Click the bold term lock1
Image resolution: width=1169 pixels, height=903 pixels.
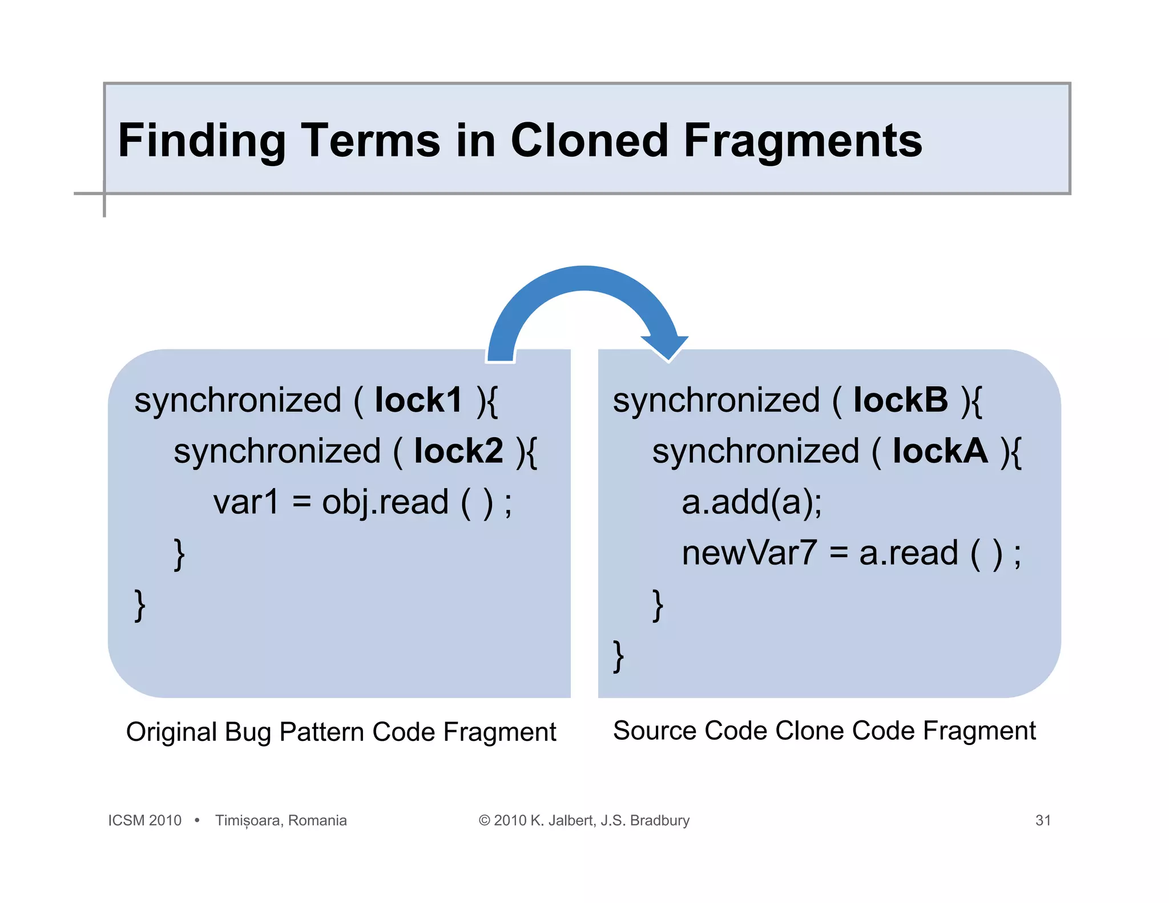pyautogui.click(x=418, y=400)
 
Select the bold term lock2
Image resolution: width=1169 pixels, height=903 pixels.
pyautogui.click(x=458, y=451)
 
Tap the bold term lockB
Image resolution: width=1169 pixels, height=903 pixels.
pyautogui.click(x=900, y=400)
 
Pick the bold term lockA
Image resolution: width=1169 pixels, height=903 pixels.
pyautogui.click(x=940, y=451)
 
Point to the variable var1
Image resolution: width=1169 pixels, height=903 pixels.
pyautogui.click(x=246, y=502)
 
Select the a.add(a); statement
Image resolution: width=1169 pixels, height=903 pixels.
pyautogui.click(x=752, y=502)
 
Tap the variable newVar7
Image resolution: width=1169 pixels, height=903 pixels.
pyautogui.click(x=749, y=553)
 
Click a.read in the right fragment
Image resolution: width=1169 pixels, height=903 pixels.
pyautogui.click(x=908, y=553)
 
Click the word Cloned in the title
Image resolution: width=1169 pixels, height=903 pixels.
pyautogui.click(x=589, y=140)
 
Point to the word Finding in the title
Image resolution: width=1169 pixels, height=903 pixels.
pyautogui.click(x=201, y=142)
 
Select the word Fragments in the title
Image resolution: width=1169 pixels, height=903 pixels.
pyautogui.click(x=803, y=142)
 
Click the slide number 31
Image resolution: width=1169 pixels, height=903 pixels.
pyautogui.click(x=1043, y=820)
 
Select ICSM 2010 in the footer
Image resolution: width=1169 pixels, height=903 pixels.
pyautogui.click(x=145, y=820)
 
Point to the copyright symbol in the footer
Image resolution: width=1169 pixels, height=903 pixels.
pyautogui.click(x=485, y=820)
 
